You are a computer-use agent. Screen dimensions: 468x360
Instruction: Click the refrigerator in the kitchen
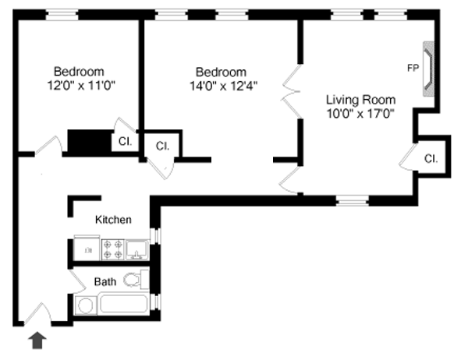(86, 249)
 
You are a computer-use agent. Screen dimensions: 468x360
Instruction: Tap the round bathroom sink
(85, 305)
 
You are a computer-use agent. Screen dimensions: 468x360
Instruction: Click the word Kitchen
(113, 221)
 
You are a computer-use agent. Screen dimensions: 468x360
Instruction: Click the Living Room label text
(360, 100)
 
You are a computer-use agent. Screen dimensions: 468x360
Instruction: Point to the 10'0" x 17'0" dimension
(360, 113)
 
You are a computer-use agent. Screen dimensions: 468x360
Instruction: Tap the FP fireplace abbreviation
(412, 68)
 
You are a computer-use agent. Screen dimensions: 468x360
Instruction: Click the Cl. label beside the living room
(431, 158)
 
